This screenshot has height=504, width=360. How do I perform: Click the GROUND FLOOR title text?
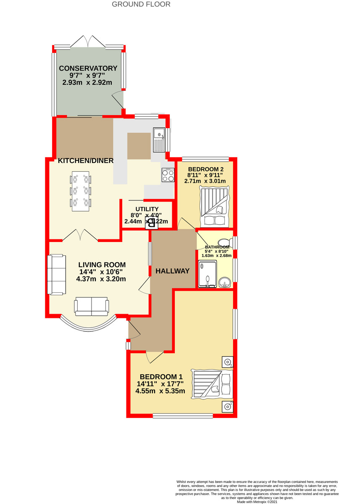coord(141,4)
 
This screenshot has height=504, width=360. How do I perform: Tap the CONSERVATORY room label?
coord(88,68)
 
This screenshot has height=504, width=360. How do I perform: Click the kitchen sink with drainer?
coord(160,140)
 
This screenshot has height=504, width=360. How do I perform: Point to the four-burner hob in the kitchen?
coord(168,176)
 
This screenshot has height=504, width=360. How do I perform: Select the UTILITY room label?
coord(147,209)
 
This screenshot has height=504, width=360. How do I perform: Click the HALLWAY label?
coord(173,271)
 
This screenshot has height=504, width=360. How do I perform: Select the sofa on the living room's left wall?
coord(56,274)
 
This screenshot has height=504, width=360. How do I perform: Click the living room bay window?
coord(87,325)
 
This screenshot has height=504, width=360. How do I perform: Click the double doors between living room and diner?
coord(81,235)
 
